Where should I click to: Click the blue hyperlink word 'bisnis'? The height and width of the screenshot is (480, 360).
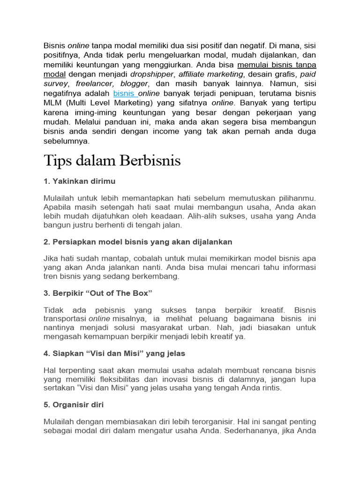coord(123,94)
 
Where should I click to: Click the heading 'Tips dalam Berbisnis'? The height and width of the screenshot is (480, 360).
coord(112,161)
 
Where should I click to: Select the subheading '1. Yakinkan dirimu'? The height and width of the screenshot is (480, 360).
coord(79,181)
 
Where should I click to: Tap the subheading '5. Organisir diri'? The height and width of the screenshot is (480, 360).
coord(74,404)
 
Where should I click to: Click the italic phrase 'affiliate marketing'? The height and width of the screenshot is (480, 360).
coord(211,74)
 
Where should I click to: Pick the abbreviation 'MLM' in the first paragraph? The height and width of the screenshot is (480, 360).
coord(52,103)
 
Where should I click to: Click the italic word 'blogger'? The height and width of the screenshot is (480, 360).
coord(134,84)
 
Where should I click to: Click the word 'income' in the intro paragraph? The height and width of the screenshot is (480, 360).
coord(160,132)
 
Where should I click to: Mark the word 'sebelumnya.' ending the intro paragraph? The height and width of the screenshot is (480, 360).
coord(66,141)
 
